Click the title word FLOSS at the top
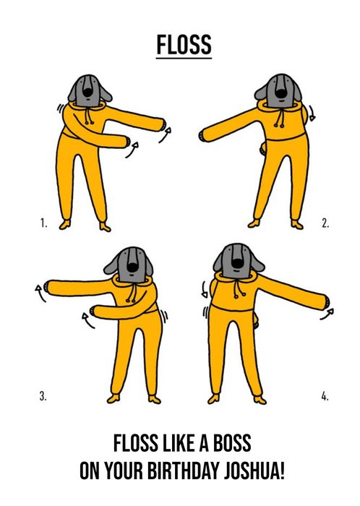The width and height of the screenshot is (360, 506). click(184, 44)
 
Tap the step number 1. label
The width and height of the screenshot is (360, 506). click(43, 223)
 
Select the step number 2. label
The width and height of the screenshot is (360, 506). click(325, 223)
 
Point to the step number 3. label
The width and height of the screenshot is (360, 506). click(43, 396)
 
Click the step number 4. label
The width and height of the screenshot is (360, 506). click(325, 396)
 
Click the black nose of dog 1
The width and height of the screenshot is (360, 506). click(87, 92)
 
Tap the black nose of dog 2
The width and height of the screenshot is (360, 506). click(280, 93)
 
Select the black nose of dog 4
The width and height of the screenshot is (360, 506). click(237, 263)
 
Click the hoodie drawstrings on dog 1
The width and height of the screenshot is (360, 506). click(88, 116)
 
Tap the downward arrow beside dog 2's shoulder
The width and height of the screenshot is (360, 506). click(312, 113)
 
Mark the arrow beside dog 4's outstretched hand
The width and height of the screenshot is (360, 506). click(327, 314)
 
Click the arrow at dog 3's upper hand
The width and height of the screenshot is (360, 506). click(40, 293)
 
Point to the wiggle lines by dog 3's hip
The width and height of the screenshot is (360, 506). click(164, 317)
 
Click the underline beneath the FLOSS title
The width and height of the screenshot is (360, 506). click(184, 58)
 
